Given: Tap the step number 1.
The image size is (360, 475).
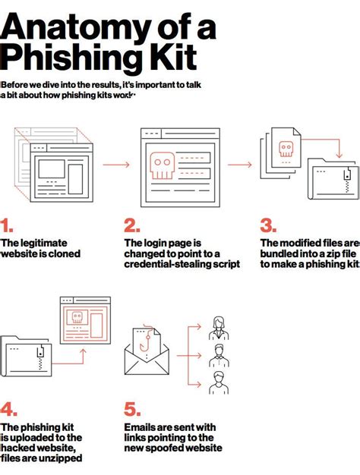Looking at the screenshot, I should (x=8, y=225).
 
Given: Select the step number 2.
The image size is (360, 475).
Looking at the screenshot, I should (x=132, y=225).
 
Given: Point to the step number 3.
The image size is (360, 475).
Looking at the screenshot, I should (x=267, y=225).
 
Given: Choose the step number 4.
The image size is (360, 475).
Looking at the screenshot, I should (x=9, y=410).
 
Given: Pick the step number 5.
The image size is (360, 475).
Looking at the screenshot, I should (x=133, y=410).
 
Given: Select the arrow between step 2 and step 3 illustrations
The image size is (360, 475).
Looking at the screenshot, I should (x=239, y=164).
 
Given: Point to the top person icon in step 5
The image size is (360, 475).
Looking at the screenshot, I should (x=219, y=329).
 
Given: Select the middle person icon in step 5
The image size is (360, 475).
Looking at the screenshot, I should (x=219, y=354).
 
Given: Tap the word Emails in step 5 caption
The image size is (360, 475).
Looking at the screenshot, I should (x=141, y=427).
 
